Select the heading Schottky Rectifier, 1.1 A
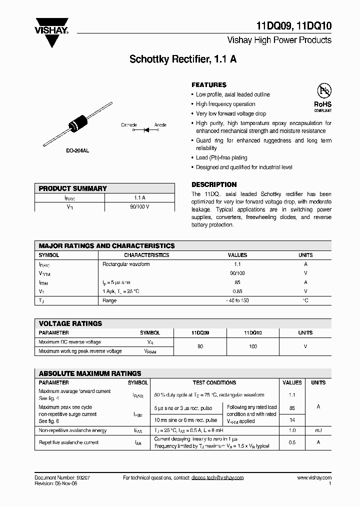click(x=183, y=59)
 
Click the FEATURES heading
click(x=209, y=85)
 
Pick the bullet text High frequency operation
click(x=225, y=104)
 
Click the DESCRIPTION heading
click(x=214, y=184)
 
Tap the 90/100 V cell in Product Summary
click(x=139, y=206)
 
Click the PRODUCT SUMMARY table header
click(x=73, y=188)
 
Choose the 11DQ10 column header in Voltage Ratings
click(x=253, y=332)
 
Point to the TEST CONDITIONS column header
click(x=214, y=382)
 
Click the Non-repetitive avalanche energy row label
click(x=72, y=430)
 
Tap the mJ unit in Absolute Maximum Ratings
click(x=318, y=430)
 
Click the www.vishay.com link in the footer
click(x=314, y=477)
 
